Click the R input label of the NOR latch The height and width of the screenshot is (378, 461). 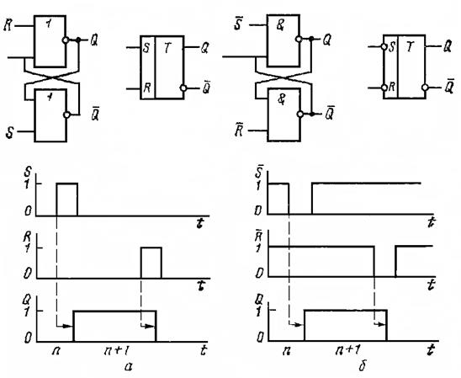tap(8, 26)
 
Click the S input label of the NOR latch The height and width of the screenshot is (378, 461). tap(10, 133)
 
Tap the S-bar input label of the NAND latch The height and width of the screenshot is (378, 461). tap(237, 24)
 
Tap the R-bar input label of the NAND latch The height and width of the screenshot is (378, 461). tap(238, 130)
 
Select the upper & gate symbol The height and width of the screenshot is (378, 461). tap(280, 25)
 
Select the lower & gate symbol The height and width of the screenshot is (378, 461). tap(282, 99)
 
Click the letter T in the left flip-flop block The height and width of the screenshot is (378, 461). tap(167, 48)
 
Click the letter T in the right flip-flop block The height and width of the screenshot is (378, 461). tap(410, 47)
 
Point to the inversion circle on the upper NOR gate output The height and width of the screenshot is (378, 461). tap(66, 40)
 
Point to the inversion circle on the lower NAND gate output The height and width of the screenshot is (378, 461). tap(300, 114)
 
